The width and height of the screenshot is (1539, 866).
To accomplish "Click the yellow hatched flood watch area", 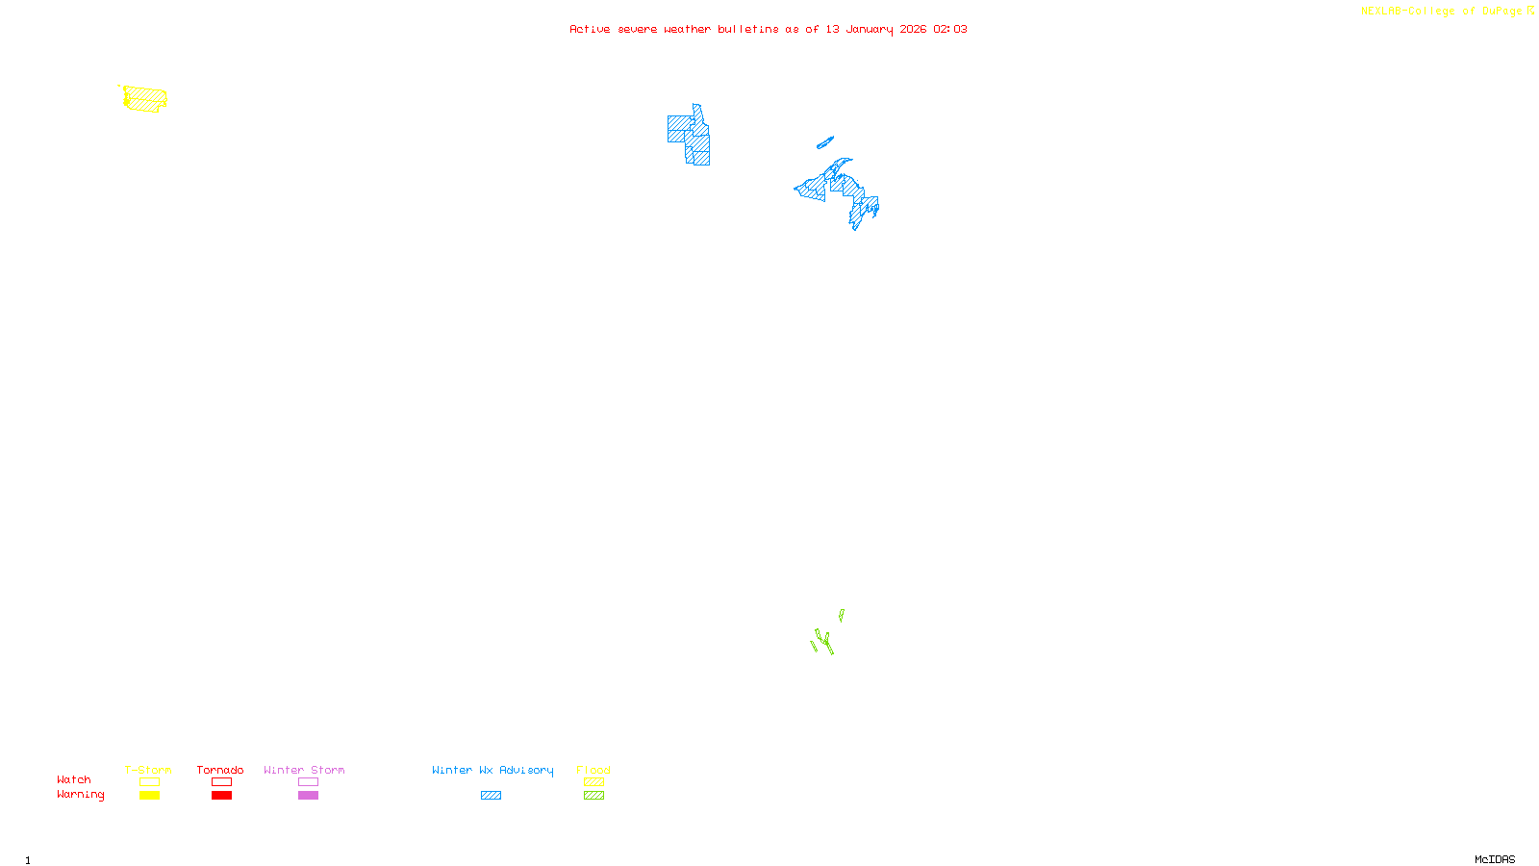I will pyautogui.click(x=145, y=98).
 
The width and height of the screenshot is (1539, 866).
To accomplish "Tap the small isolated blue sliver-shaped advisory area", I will pyautogui.click(x=825, y=142).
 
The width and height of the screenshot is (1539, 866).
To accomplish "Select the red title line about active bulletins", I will pyautogui.click(x=768, y=29).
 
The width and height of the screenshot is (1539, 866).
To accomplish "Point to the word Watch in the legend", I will pyautogui.click(x=74, y=779).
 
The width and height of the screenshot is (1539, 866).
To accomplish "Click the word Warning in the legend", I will pyautogui.click(x=80, y=795).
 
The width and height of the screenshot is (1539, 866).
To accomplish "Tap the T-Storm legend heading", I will pyautogui.click(x=148, y=770).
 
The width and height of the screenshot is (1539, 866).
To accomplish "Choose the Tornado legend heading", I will pyautogui.click(x=220, y=770).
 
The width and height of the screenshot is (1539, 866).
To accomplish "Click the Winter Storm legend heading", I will pyautogui.click(x=304, y=770).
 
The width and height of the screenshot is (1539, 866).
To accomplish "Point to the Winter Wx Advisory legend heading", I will pyautogui.click(x=492, y=770).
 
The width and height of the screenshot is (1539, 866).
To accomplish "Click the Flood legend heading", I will pyautogui.click(x=593, y=770).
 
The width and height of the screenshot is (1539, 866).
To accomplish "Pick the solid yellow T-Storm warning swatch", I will pyautogui.click(x=149, y=796).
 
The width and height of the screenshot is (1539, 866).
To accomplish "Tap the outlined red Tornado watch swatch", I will pyautogui.click(x=221, y=782).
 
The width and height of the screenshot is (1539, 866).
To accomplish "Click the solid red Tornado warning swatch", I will pyautogui.click(x=221, y=796).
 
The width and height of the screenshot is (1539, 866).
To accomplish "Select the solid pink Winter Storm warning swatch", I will pyautogui.click(x=308, y=796).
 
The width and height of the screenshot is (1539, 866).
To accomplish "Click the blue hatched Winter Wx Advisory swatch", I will pyautogui.click(x=491, y=796).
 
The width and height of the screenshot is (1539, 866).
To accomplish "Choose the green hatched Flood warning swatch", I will pyautogui.click(x=593, y=796).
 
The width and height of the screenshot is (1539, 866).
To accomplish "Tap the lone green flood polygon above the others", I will pyautogui.click(x=842, y=615).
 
